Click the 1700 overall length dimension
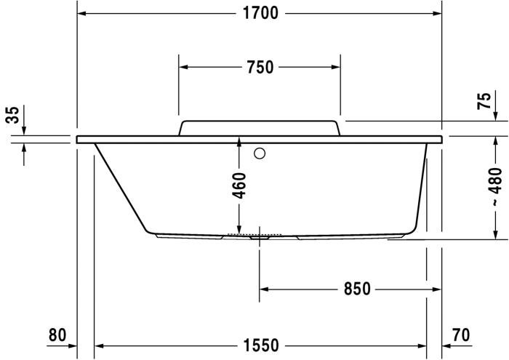point(260,13)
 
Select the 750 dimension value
point(260,67)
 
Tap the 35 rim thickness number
point(13,115)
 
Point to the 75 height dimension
point(485,101)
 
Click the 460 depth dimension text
point(239,185)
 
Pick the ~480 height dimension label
point(495,186)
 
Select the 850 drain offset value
point(357,289)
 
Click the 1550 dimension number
point(261,345)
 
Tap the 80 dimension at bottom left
point(57,335)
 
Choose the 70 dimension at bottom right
point(461,335)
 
